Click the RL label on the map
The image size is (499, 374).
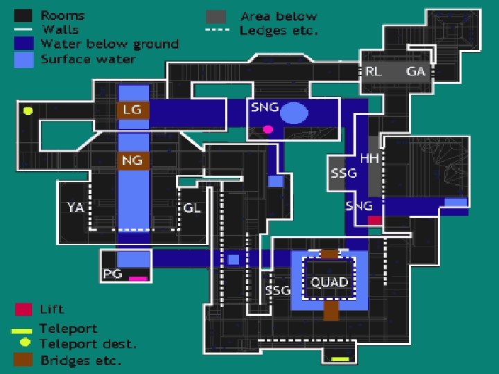coord(374,71)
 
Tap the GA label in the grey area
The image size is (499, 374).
coord(416,71)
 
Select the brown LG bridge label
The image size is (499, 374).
coord(132,109)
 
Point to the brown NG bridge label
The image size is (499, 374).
coord(132,161)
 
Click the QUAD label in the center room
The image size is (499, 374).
coord(329,283)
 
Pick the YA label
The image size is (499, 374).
coord(76,207)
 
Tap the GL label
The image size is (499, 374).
coord(192,207)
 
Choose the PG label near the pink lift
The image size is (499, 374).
coord(112,274)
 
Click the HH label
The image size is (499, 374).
coord(369,159)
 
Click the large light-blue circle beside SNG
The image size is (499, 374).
coord(295,113)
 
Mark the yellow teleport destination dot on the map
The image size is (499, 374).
coord(28,110)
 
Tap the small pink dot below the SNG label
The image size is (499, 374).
coord(268,129)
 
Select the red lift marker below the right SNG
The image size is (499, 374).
coord(374,220)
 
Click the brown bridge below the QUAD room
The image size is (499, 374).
coord(331,310)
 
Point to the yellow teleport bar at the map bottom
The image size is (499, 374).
coord(340,359)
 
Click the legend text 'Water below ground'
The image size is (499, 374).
coord(110,44)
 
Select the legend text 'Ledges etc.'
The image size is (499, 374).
coord(279,30)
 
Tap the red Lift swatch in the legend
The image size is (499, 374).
coord(24,309)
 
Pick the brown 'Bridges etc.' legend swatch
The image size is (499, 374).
coord(24,359)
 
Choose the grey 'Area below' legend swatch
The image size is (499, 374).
coord(216,16)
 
